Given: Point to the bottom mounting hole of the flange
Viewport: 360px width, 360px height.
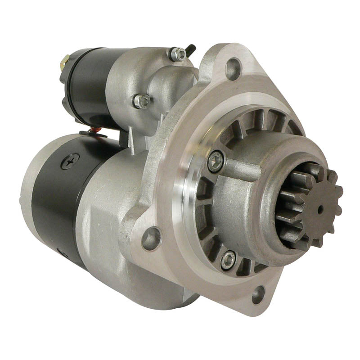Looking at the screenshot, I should click(x=258, y=295).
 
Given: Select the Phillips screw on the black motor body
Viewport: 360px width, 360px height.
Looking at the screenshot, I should click(x=70, y=161).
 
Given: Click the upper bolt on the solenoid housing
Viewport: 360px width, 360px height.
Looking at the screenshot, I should click(x=178, y=54).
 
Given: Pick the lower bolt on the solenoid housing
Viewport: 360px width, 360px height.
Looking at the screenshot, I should click(x=141, y=101).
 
